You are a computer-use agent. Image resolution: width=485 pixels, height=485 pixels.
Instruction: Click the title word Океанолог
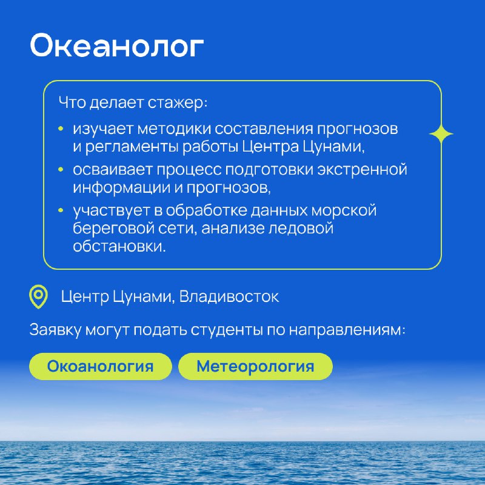tap(116, 46)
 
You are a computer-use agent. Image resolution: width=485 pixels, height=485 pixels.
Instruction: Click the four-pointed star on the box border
tap(441, 134)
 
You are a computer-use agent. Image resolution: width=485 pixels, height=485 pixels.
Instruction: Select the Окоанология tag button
tap(101, 366)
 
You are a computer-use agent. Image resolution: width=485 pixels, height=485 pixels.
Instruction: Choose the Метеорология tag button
tap(255, 366)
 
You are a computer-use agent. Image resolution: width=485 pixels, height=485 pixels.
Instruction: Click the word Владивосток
tap(229, 296)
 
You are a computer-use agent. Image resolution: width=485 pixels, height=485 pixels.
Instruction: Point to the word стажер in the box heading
tap(176, 102)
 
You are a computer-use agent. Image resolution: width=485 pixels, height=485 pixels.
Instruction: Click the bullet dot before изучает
tap(61, 129)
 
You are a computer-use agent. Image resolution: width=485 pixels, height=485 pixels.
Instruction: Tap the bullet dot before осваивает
tap(61, 170)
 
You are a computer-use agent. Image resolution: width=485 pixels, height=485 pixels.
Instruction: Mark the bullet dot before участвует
tap(61, 210)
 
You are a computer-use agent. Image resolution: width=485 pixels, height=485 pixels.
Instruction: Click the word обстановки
tap(119, 247)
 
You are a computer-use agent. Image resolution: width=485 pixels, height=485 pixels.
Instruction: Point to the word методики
tap(174, 129)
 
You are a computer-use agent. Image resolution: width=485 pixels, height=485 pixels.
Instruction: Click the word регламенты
tap(132, 147)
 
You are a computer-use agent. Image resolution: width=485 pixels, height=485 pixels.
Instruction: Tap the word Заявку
tap(55, 330)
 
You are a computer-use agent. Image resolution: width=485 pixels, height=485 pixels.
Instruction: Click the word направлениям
tap(347, 330)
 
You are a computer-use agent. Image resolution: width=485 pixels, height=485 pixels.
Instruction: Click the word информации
tap(121, 188)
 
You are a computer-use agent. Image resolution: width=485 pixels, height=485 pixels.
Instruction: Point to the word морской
tap(344, 210)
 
